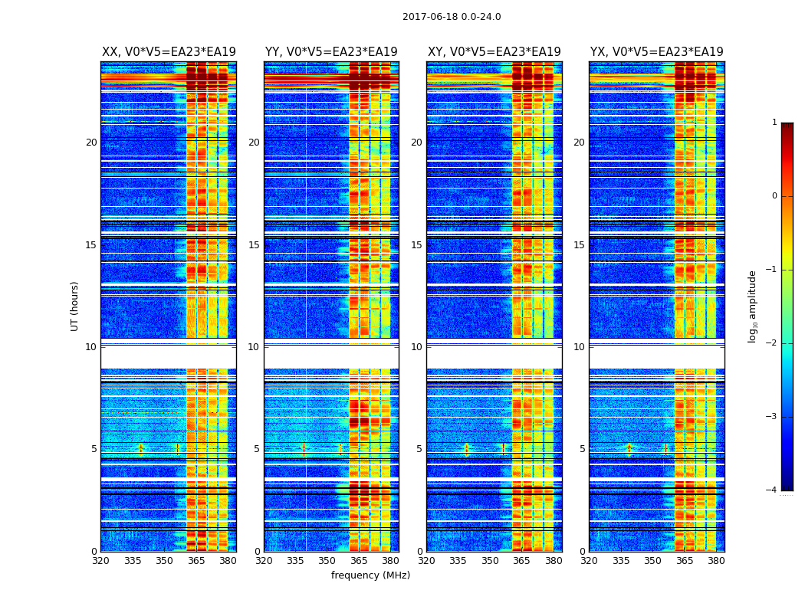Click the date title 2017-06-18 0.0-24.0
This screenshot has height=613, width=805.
click(x=452, y=17)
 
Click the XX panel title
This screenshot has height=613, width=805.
click(x=169, y=52)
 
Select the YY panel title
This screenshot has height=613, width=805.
click(x=331, y=52)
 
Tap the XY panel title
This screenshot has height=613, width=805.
click(x=494, y=52)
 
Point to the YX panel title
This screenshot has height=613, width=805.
click(x=656, y=52)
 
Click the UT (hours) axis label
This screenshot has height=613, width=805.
click(x=75, y=306)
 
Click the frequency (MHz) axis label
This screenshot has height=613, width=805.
click(x=370, y=575)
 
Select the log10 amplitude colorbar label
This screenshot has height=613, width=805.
click(x=753, y=306)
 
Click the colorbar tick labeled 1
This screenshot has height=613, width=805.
click(x=774, y=123)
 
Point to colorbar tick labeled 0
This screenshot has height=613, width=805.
click(x=774, y=196)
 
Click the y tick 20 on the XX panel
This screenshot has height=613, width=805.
click(x=91, y=143)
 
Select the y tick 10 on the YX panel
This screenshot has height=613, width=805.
click(x=579, y=347)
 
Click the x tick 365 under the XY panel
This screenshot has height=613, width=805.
click(x=522, y=561)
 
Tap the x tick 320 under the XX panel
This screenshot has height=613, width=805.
click(x=101, y=561)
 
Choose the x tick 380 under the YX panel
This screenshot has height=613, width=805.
click(x=716, y=561)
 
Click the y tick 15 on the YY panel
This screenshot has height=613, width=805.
click(x=254, y=245)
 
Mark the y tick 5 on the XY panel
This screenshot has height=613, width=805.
click(x=419, y=449)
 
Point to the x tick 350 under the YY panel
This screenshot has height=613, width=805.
click(x=327, y=561)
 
